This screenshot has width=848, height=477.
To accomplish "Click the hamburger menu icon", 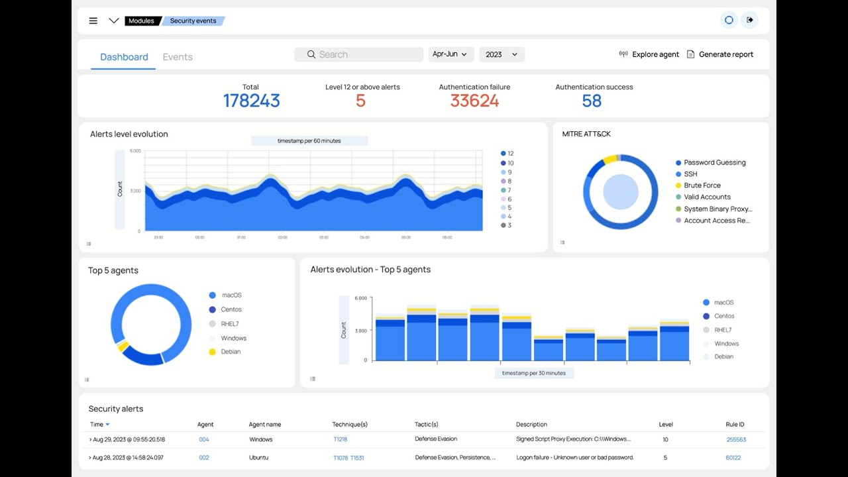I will click(93, 21).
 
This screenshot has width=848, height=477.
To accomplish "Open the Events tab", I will click(178, 57).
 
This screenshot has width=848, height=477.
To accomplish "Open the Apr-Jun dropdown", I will click(450, 54).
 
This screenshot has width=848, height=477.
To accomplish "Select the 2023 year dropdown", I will click(502, 54).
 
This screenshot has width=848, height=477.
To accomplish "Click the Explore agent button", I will click(649, 54).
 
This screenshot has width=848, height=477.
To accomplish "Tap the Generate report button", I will click(720, 54).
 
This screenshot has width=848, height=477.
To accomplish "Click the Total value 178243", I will click(251, 101).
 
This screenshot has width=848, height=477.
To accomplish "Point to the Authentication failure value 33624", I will click(474, 101).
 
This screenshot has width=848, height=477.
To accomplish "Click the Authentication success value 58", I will click(592, 101).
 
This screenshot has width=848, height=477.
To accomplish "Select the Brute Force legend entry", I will click(702, 185).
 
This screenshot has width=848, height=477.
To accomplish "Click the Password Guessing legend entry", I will click(714, 162).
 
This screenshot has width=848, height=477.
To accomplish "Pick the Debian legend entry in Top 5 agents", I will click(231, 352).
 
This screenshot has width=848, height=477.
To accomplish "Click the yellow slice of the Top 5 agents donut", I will click(123, 346).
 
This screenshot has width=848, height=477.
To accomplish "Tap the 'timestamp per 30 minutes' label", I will click(534, 373).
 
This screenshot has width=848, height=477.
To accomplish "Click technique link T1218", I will click(340, 439).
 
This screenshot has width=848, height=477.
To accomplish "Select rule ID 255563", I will click(735, 439).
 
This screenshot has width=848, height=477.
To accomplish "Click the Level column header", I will click(666, 424).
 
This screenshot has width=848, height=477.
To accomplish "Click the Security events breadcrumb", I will click(193, 21).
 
